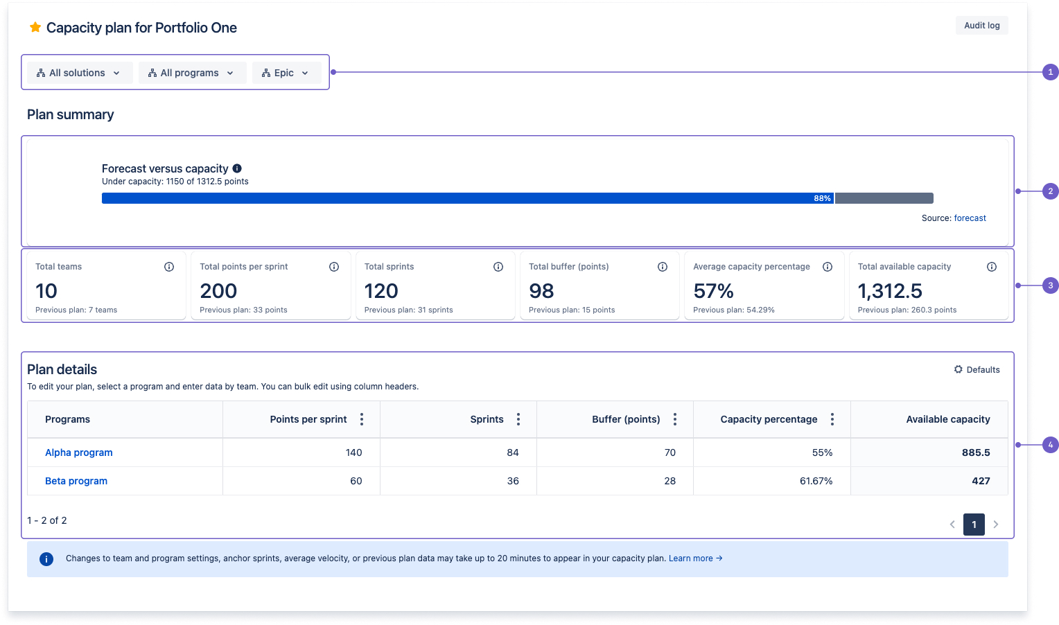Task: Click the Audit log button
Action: [x=981, y=26]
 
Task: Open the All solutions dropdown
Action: [x=79, y=73]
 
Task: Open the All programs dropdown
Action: [x=192, y=73]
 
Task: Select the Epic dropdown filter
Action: [x=286, y=73]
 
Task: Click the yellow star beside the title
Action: [x=35, y=28]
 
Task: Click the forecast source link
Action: [x=970, y=218]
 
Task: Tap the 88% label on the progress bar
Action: [x=822, y=198]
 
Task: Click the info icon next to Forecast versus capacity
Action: [x=237, y=168]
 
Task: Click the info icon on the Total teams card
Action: [x=169, y=267]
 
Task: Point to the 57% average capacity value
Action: [x=713, y=291]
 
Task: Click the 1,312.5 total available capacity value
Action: [x=890, y=291]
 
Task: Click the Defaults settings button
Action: [x=977, y=369]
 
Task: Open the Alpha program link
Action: [x=79, y=452]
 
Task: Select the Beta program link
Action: [x=76, y=481]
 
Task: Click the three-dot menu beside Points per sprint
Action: [x=362, y=419]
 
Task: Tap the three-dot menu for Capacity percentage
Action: [x=832, y=419]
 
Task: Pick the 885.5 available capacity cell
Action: [x=975, y=452]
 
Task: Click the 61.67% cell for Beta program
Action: [x=816, y=481]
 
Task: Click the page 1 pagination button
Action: [x=974, y=525]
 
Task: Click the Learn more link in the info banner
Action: [x=694, y=558]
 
